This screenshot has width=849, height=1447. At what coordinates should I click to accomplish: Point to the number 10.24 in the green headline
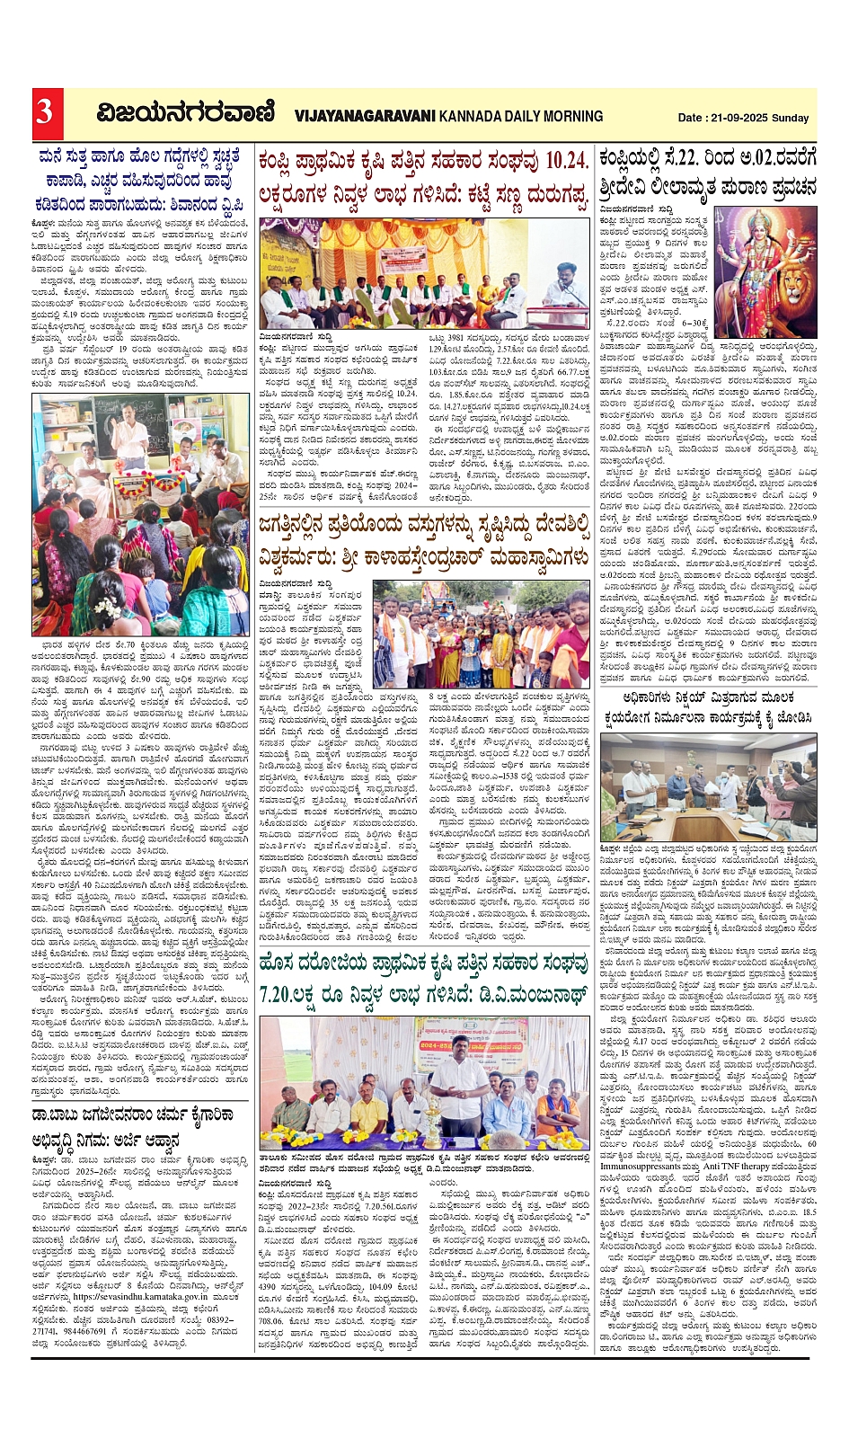[567, 161]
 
